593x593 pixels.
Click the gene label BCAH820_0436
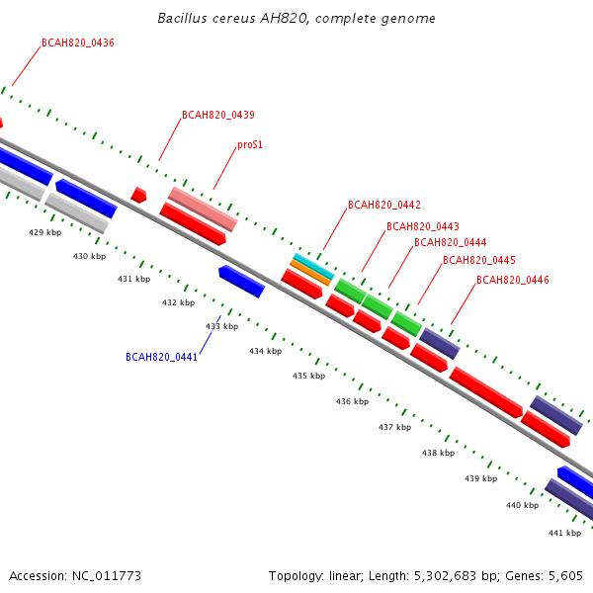78,43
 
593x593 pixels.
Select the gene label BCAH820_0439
218,115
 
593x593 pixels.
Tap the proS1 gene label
250,145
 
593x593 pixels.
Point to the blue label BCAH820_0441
161,358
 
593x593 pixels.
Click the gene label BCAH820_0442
384,205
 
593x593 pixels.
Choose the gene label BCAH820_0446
512,280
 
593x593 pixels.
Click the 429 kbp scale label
45,232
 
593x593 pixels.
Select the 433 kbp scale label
222,326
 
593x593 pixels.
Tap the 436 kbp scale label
353,401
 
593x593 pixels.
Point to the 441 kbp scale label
564,533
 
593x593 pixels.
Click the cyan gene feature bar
314,267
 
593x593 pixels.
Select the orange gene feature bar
310,273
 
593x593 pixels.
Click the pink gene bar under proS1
203,209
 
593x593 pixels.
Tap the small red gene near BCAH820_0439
138,195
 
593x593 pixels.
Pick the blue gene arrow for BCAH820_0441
242,282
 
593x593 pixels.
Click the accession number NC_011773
107,576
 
